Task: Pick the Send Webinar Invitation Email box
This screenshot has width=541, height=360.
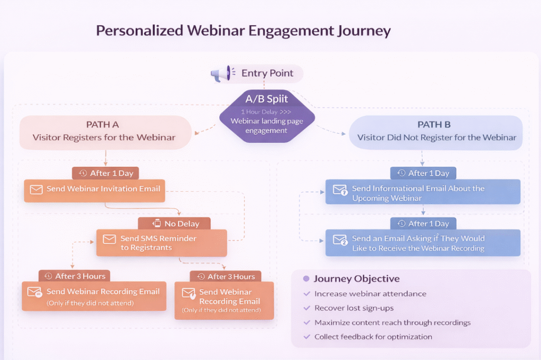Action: pos(95,190)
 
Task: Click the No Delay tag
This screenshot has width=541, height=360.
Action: pos(174,223)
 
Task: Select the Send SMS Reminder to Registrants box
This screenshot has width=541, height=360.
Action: pos(161,242)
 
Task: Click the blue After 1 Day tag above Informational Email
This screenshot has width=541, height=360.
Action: pos(422,173)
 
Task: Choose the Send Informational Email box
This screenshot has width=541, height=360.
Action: pos(423,193)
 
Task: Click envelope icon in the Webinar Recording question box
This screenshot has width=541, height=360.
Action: pos(340,241)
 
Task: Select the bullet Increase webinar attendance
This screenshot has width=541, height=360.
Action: pos(370,293)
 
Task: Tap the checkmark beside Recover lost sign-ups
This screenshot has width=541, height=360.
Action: pos(307,308)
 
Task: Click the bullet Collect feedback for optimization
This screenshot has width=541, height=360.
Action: pos(373,336)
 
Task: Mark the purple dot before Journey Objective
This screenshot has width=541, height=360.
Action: pos(305,279)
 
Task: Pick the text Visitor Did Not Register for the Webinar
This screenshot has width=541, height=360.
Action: pos(436,138)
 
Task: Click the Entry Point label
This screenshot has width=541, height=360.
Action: pos(267,73)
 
